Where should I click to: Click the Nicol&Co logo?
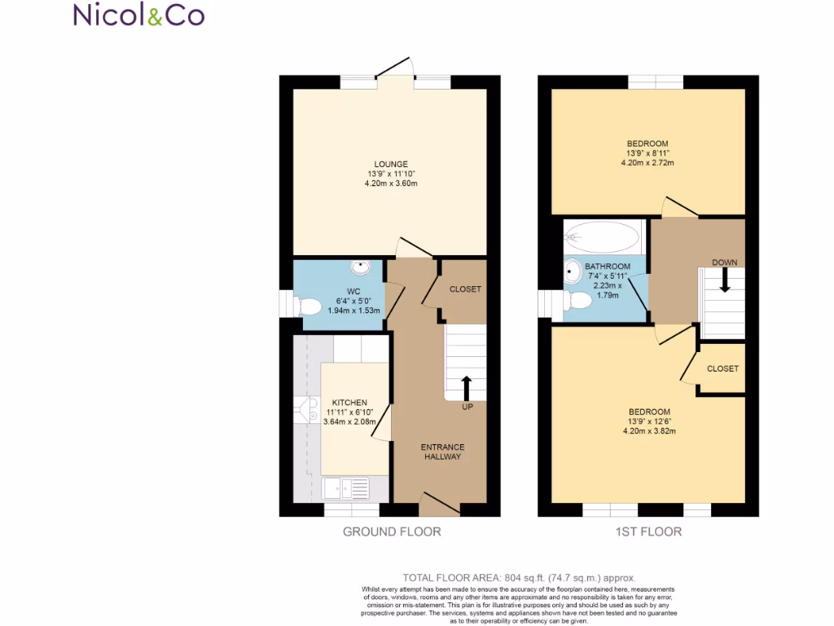[x=138, y=15]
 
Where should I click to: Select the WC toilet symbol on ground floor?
[x=307, y=306]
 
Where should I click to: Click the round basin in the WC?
[x=359, y=266]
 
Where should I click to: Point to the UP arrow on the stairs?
[x=467, y=387]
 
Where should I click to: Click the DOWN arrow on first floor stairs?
[x=724, y=281]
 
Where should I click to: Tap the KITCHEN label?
[x=349, y=403]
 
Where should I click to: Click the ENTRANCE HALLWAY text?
[x=442, y=452]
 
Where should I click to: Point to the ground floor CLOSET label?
[x=465, y=289]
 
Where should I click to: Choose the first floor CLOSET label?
[x=722, y=368]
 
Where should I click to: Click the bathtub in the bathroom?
[x=604, y=237]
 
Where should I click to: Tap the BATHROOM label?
[x=607, y=267]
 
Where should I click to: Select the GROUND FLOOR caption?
[x=392, y=531]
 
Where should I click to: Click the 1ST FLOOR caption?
[x=648, y=531]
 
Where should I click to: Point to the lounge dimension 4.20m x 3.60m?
[x=391, y=183]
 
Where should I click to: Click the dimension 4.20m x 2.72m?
[x=648, y=163]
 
